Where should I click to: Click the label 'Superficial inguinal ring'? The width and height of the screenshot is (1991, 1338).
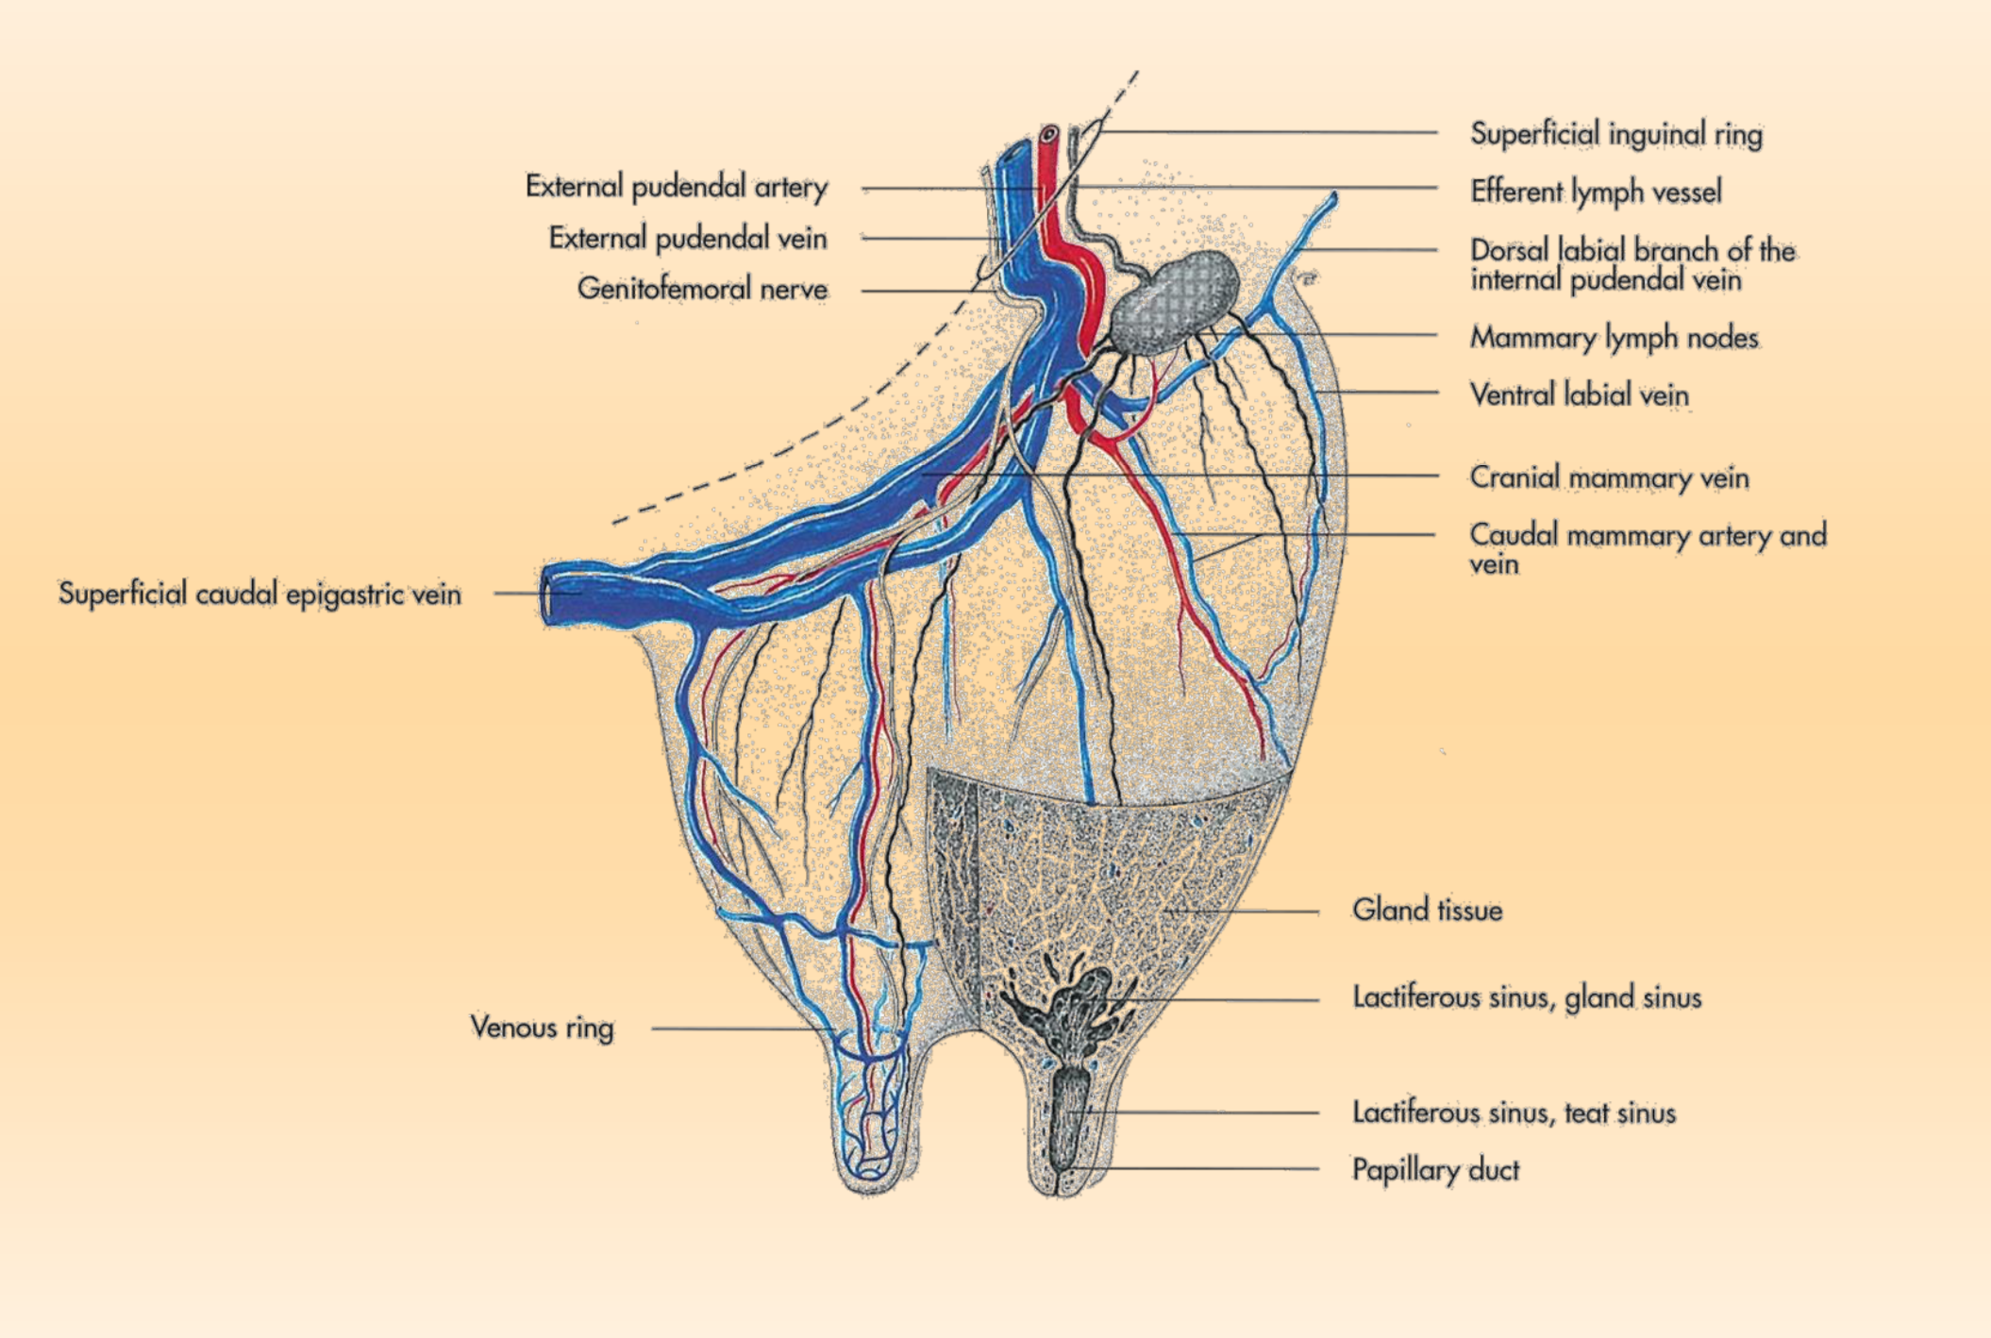coord(1615,134)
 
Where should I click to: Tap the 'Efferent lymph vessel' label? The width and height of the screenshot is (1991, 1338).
coord(1596,192)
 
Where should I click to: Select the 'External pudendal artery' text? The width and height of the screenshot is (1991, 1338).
coord(676,187)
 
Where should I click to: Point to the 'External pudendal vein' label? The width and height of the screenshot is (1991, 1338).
coord(687,238)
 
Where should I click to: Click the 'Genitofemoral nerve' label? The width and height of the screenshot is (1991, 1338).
coord(702,289)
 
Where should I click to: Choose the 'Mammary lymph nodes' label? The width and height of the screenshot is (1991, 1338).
coord(1614,337)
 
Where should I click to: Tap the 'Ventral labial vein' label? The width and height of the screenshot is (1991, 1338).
coord(1579,394)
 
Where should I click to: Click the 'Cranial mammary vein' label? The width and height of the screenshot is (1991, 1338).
coord(1609,477)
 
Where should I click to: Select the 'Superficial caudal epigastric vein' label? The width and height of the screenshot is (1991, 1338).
coord(259,594)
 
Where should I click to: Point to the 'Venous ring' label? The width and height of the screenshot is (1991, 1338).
coord(542,1027)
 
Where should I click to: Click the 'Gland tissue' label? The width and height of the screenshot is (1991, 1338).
coord(1427,910)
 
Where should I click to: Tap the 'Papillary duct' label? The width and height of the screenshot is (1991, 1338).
coord(1435,1169)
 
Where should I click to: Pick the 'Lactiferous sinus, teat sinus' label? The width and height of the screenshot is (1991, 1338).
coord(1514,1112)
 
